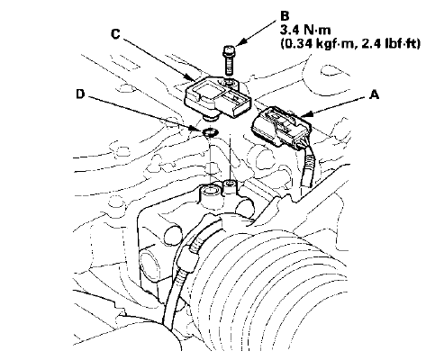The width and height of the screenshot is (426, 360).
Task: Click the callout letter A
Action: click(x=374, y=95)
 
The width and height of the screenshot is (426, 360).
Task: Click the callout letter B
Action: click(x=285, y=15)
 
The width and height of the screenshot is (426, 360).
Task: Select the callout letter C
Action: click(x=115, y=34)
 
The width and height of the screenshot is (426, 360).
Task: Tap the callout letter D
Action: click(x=80, y=94)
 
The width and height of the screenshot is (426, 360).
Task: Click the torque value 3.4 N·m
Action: click(x=305, y=30)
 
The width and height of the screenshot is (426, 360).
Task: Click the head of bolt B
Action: click(x=229, y=50)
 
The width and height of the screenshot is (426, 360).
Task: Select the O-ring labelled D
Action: click(x=210, y=131)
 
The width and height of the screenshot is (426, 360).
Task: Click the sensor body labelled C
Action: click(x=217, y=96)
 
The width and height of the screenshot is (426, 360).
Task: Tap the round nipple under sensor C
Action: click(x=209, y=119)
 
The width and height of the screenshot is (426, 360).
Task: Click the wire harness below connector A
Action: click(x=308, y=168)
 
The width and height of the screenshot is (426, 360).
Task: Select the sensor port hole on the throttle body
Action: click(x=210, y=190)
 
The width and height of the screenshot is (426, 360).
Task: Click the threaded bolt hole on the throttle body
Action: click(x=230, y=183)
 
